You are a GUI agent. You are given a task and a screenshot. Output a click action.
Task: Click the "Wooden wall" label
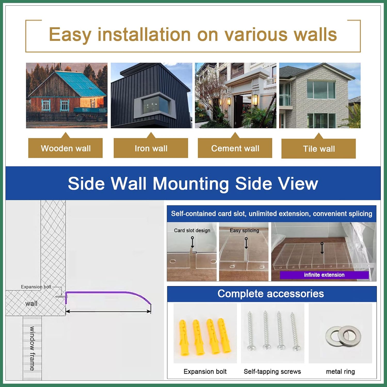(x=66, y=148)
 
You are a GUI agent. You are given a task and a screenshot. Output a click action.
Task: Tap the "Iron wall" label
(x=151, y=148)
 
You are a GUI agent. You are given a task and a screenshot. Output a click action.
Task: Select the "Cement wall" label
(x=235, y=148)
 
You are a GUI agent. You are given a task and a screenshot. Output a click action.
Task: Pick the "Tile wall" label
(x=319, y=149)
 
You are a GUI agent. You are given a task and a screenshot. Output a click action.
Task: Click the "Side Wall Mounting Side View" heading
(x=193, y=183)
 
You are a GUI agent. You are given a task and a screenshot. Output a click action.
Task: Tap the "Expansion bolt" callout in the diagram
(x=36, y=287)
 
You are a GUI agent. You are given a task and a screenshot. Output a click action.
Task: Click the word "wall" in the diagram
(x=31, y=303)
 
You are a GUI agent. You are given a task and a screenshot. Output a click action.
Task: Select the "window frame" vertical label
(x=32, y=348)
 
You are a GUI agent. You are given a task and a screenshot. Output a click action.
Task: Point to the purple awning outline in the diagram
(x=108, y=292)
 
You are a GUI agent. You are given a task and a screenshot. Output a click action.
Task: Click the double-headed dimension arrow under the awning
(x=108, y=311)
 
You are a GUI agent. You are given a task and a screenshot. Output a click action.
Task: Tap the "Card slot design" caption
(x=192, y=230)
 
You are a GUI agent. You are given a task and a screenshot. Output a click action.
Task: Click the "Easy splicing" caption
(x=244, y=230)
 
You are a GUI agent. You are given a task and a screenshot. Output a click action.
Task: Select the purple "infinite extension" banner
(x=324, y=275)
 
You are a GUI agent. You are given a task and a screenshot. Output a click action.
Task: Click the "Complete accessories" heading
(x=271, y=294)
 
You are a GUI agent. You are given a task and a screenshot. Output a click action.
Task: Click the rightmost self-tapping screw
(x=295, y=332)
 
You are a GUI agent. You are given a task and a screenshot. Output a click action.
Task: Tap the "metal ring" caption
(x=340, y=372)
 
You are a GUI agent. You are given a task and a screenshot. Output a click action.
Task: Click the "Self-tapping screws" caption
(x=272, y=372)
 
